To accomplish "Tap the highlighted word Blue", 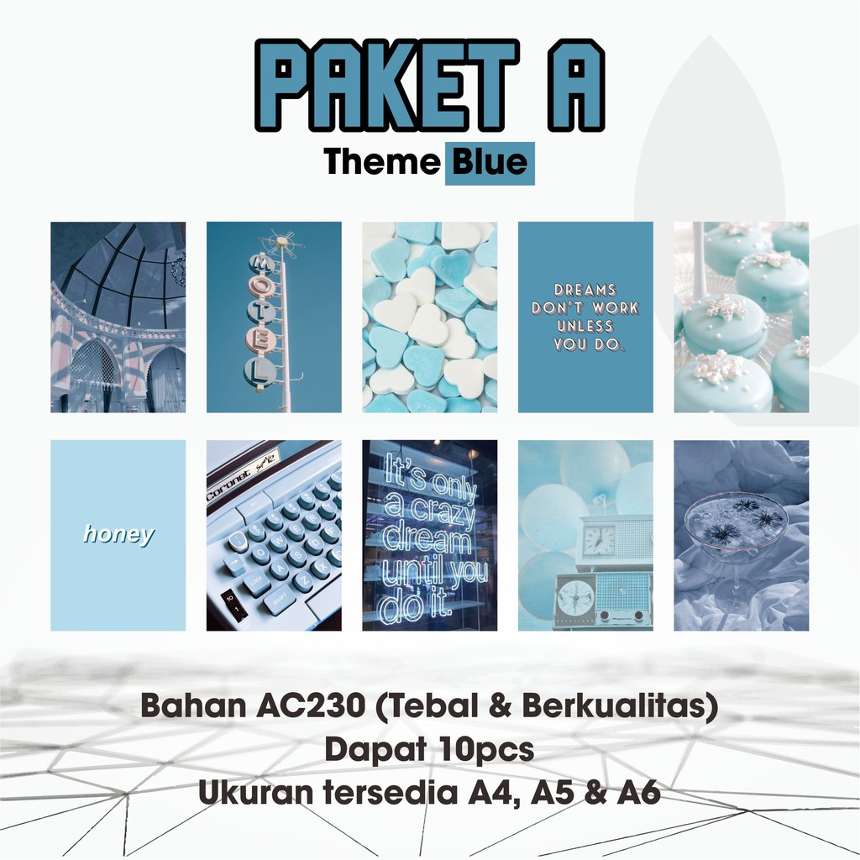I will [x=490, y=161].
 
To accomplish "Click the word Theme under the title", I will [x=383, y=161].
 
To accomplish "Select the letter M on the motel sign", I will [x=261, y=263].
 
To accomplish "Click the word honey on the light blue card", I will [x=118, y=534].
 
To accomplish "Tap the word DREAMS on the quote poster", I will [x=585, y=290].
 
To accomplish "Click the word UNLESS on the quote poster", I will [x=585, y=327].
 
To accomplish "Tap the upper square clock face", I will [x=598, y=540].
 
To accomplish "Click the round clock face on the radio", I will [x=575, y=597].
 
